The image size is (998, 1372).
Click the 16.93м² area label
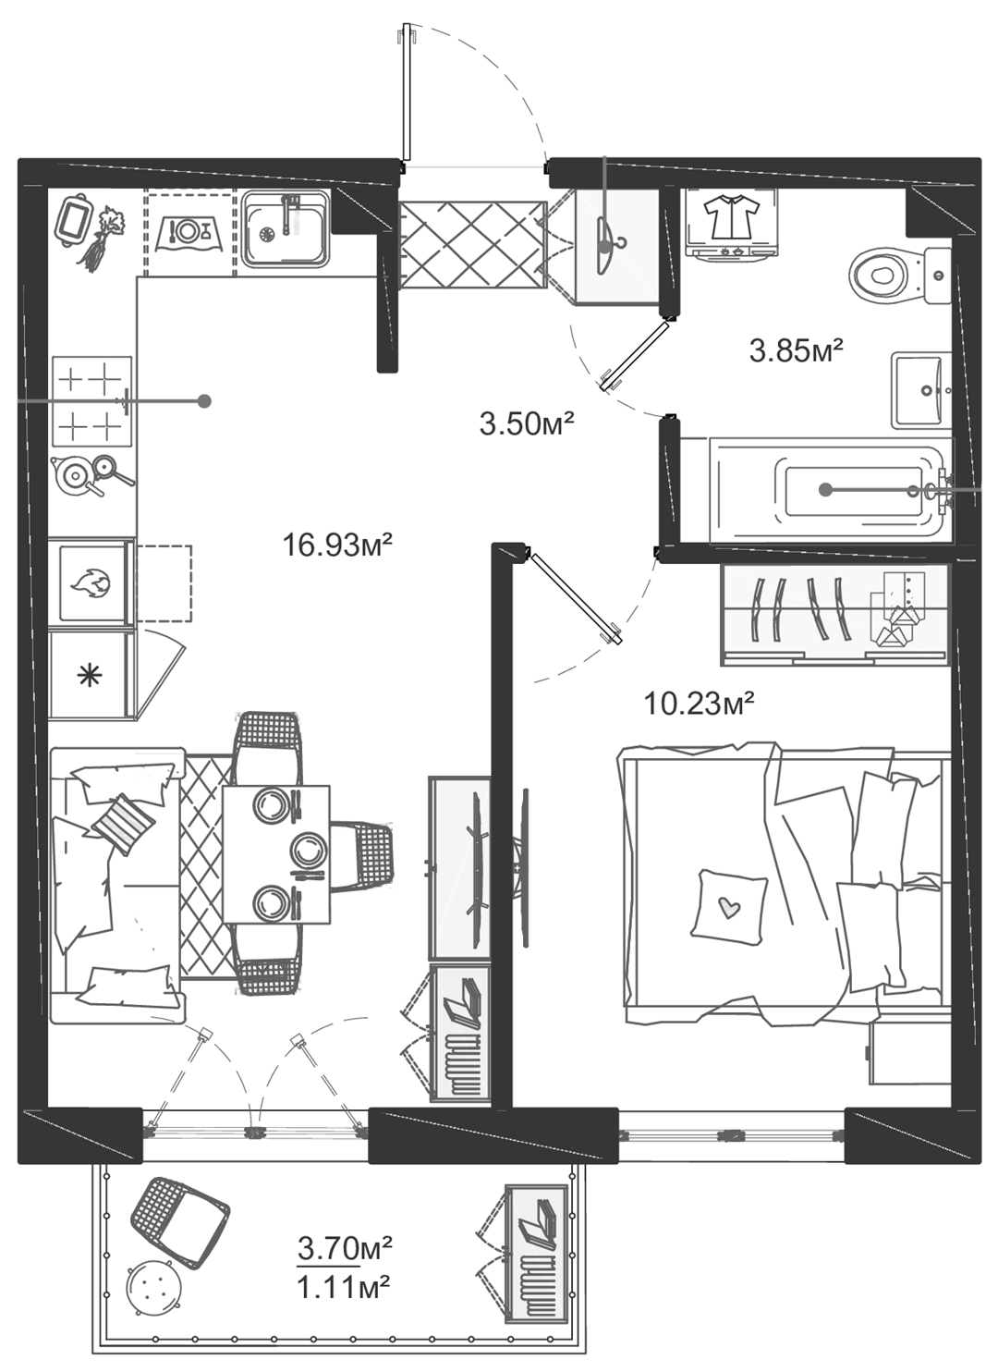[x=336, y=545]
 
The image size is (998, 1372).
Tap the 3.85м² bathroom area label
[x=797, y=351]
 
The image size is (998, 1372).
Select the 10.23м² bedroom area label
[x=699, y=704]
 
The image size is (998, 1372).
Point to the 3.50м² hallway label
[x=527, y=423]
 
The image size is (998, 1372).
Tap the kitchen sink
[x=284, y=229]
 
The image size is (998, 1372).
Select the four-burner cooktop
[x=91, y=401]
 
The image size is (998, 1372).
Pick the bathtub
[x=831, y=491]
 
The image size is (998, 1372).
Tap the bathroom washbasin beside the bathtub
[x=921, y=391]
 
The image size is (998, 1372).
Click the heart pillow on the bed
[x=728, y=904]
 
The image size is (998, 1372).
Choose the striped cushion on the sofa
[x=123, y=824]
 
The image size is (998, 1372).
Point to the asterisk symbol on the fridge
[x=90, y=676]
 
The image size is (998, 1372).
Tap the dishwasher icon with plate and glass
[x=189, y=233]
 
